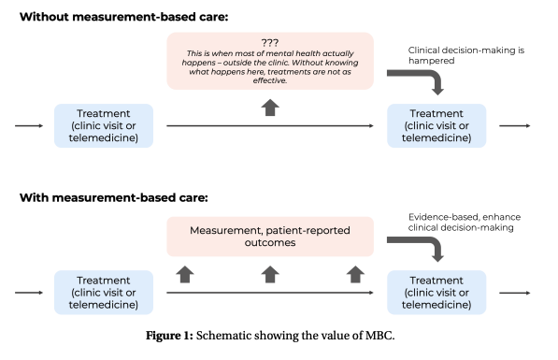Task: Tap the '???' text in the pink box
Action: tap(269, 42)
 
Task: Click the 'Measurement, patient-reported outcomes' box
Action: tap(269, 236)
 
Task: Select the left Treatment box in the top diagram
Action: tap(109, 125)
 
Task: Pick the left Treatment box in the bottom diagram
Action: tap(109, 292)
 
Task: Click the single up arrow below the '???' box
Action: tap(269, 106)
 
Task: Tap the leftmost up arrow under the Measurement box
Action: tap(184, 273)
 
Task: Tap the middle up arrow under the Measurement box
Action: tap(269, 273)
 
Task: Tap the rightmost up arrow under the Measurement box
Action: tap(355, 273)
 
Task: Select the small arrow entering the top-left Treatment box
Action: tap(29, 125)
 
